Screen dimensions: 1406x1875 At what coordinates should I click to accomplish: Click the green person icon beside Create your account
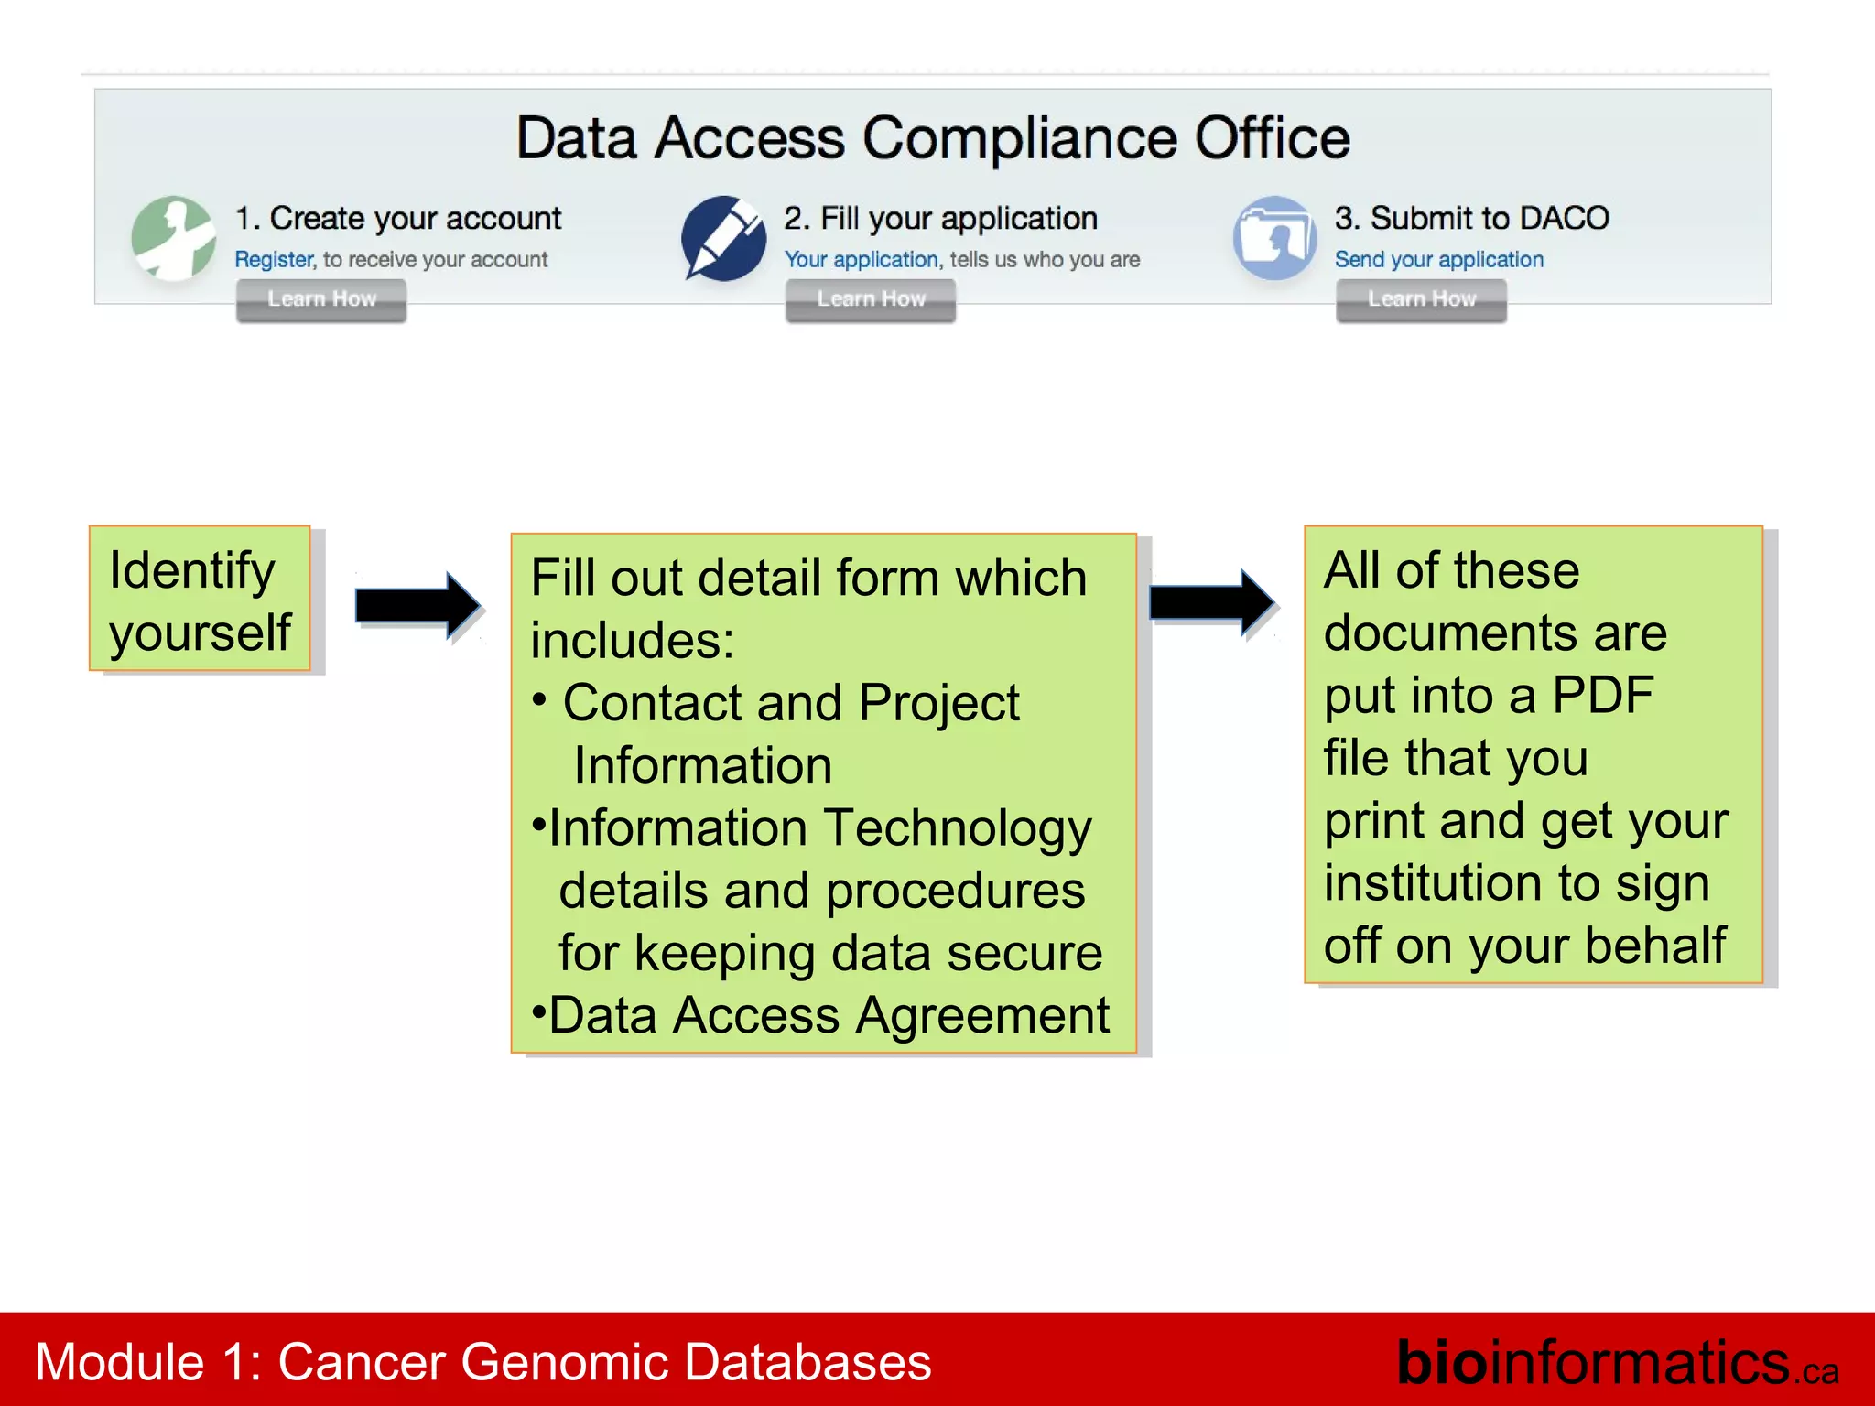[173, 238]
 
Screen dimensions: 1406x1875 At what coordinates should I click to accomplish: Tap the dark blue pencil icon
[723, 238]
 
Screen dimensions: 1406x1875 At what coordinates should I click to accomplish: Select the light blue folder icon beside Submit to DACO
[1274, 238]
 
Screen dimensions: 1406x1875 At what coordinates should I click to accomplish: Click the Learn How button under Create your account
[321, 299]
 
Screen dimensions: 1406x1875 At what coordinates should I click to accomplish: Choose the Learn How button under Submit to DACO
[1421, 299]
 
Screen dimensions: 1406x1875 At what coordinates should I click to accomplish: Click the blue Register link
[274, 260]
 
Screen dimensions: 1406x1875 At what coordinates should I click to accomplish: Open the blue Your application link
[862, 260]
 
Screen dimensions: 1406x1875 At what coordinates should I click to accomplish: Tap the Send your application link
[1438, 260]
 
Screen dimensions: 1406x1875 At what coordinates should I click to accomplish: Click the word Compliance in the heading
[1019, 139]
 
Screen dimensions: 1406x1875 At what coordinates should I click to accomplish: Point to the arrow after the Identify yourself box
[417, 605]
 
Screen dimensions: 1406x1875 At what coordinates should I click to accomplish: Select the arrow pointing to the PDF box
[1211, 601]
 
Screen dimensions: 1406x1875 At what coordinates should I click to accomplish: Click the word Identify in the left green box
[191, 571]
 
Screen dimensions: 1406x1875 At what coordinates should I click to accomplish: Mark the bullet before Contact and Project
[540, 699]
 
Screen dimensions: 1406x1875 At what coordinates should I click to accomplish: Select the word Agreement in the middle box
[982, 1016]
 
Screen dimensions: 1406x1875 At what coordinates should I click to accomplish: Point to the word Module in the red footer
[119, 1362]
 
